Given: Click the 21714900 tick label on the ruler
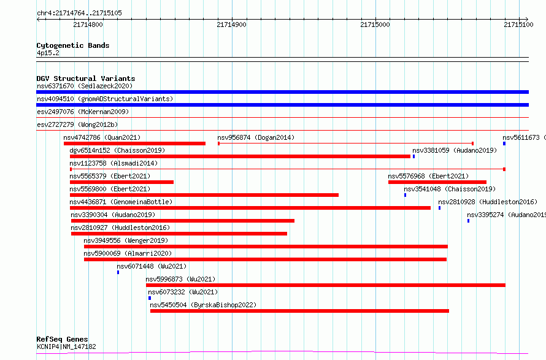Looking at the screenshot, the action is click(231, 25).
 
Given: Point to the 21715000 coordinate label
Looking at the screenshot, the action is click(375, 25).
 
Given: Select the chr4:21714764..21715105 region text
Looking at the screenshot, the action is click(79, 13).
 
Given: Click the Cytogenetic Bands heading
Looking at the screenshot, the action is click(73, 45).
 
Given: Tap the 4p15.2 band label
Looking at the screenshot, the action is click(48, 53).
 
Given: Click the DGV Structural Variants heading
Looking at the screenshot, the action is click(86, 79).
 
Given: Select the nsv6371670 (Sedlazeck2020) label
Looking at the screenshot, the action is click(85, 86).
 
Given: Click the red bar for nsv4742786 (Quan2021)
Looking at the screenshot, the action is click(134, 144).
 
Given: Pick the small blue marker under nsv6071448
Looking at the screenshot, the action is click(118, 272).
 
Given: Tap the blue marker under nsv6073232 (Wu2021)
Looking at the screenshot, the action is click(150, 298).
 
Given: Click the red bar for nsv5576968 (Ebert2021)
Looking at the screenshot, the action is click(437, 182).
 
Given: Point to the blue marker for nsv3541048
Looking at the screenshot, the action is click(405, 195).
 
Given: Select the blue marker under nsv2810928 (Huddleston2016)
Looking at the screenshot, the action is click(439, 208).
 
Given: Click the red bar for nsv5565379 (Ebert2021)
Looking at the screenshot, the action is click(121, 182).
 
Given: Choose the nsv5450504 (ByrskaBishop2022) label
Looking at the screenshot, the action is click(203, 305).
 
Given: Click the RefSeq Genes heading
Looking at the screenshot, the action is click(62, 339).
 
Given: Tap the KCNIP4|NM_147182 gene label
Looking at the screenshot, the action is click(66, 347).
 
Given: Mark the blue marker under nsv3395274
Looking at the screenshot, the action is click(468, 221).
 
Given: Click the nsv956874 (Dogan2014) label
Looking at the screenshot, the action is click(256, 137).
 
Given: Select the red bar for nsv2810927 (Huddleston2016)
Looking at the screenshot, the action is click(179, 234).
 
